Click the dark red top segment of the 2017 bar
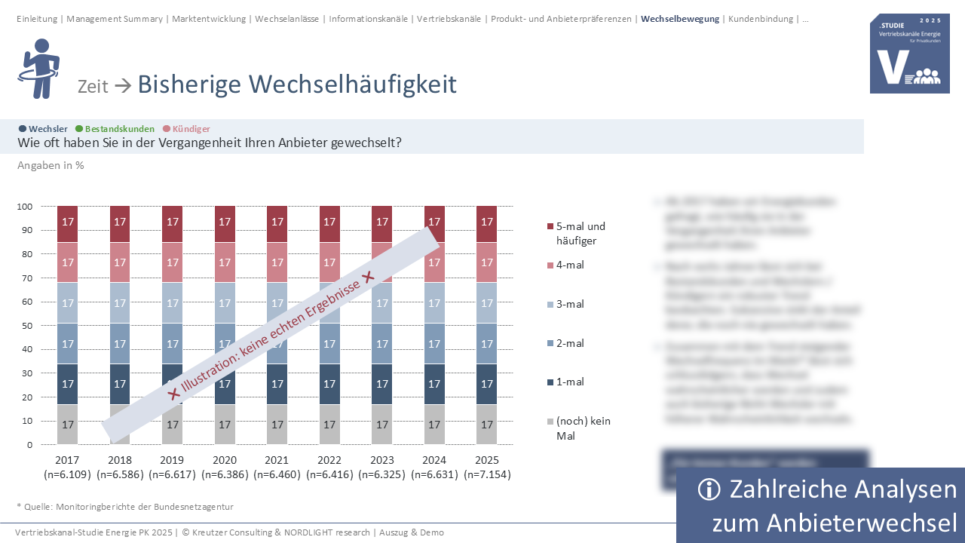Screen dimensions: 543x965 (67, 222)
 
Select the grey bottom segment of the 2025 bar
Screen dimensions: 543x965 (487, 425)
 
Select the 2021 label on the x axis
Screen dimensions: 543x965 (277, 460)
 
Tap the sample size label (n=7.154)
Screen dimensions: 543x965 (487, 474)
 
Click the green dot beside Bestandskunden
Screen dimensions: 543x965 (79, 129)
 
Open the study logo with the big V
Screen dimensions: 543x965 (909, 54)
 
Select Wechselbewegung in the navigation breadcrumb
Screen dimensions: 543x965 (679, 19)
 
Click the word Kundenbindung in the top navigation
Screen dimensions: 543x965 (760, 19)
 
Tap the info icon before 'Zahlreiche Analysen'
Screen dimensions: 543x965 (709, 489)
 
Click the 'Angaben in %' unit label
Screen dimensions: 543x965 (51, 165)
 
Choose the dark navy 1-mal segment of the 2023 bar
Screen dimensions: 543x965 (382, 384)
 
